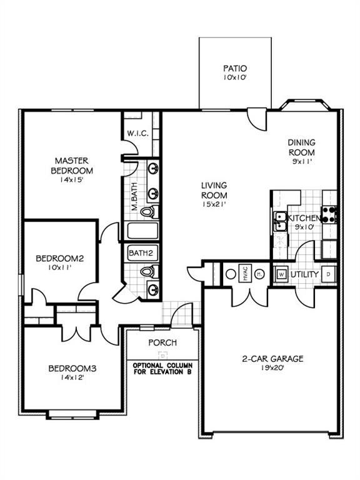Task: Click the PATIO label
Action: (234, 68)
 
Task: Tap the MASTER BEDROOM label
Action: (72, 166)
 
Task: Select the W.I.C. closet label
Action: (137, 133)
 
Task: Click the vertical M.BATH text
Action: (134, 197)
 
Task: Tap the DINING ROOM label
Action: (301, 147)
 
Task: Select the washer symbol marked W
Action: (281, 274)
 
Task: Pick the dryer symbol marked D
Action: (330, 274)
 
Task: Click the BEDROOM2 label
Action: (59, 257)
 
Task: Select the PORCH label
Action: (162, 342)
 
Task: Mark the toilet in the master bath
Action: (147, 212)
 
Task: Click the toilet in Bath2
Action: (147, 272)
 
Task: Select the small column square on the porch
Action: (161, 353)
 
